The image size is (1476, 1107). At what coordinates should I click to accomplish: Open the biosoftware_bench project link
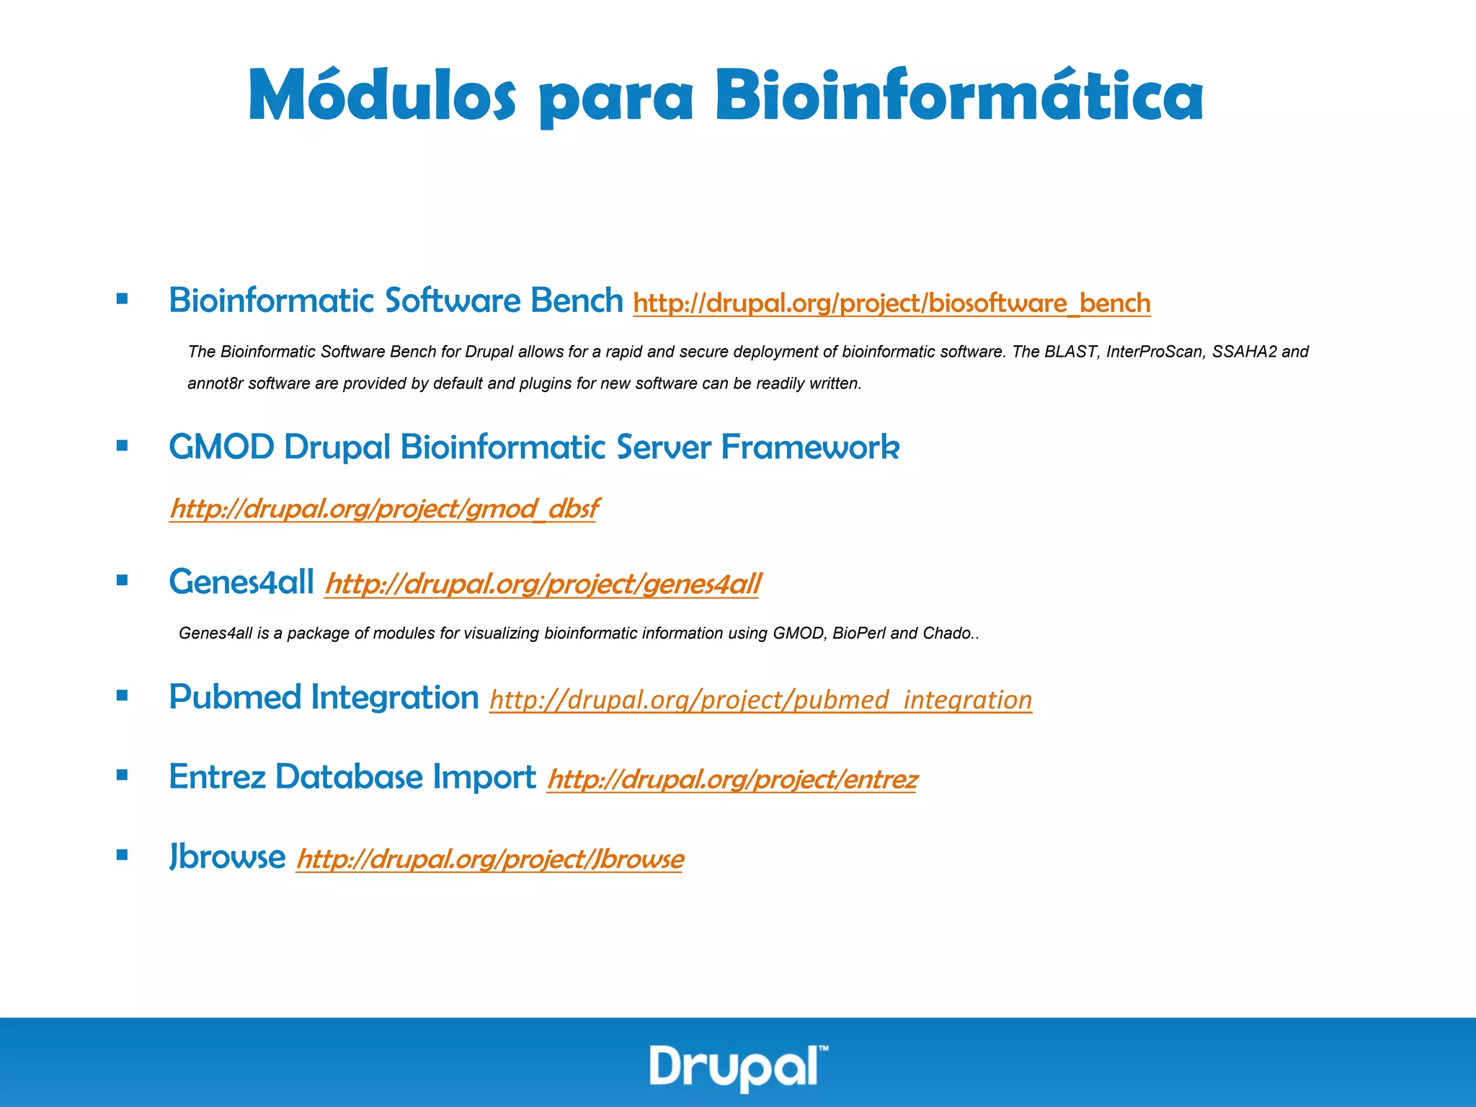click(x=892, y=303)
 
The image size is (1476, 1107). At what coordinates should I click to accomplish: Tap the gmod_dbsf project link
click(x=383, y=509)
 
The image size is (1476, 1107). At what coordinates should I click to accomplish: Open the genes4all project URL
click(x=543, y=584)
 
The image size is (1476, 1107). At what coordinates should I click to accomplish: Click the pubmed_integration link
click(x=760, y=700)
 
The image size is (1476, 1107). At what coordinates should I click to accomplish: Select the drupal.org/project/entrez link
click(x=732, y=779)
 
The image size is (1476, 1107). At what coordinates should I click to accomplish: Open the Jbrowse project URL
click(x=489, y=859)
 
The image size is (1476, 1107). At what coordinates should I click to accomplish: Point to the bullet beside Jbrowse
click(x=122, y=855)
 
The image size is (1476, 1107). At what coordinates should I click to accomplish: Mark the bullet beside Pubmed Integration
click(x=122, y=695)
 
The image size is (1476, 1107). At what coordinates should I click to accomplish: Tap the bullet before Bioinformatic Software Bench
click(x=122, y=298)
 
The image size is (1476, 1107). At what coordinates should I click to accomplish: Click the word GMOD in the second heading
click(x=221, y=448)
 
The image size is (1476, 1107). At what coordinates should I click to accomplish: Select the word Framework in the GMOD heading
click(x=810, y=448)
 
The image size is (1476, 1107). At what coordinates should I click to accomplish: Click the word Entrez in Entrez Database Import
click(x=217, y=777)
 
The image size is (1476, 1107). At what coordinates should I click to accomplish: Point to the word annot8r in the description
click(x=215, y=383)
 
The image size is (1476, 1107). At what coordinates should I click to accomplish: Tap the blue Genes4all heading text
click(x=241, y=582)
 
